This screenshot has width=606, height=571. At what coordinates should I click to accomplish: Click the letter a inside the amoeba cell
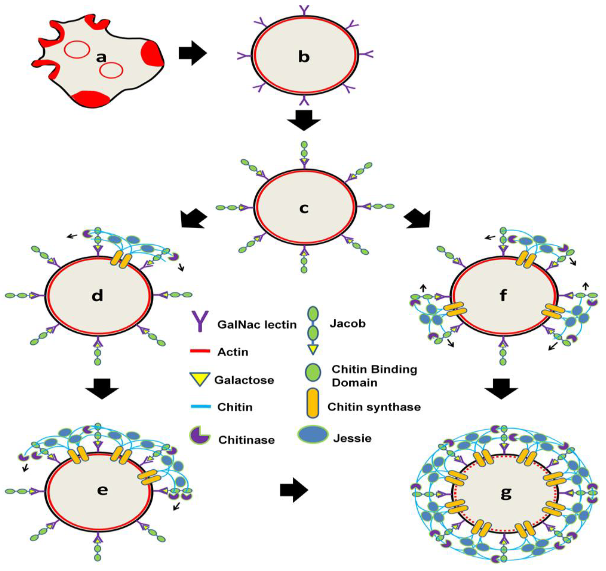(101, 57)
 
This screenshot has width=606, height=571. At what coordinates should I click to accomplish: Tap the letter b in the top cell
(304, 57)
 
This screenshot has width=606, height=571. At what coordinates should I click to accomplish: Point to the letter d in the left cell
(97, 295)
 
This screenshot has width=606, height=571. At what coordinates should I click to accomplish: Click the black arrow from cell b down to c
(304, 120)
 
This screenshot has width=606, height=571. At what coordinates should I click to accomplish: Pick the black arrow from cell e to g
(294, 490)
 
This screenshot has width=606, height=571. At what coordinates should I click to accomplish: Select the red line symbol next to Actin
(200, 351)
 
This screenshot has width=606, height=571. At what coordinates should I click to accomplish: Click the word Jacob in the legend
(347, 324)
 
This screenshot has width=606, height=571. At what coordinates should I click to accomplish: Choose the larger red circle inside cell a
(77, 49)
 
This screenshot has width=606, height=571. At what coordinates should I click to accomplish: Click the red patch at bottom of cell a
(91, 98)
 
